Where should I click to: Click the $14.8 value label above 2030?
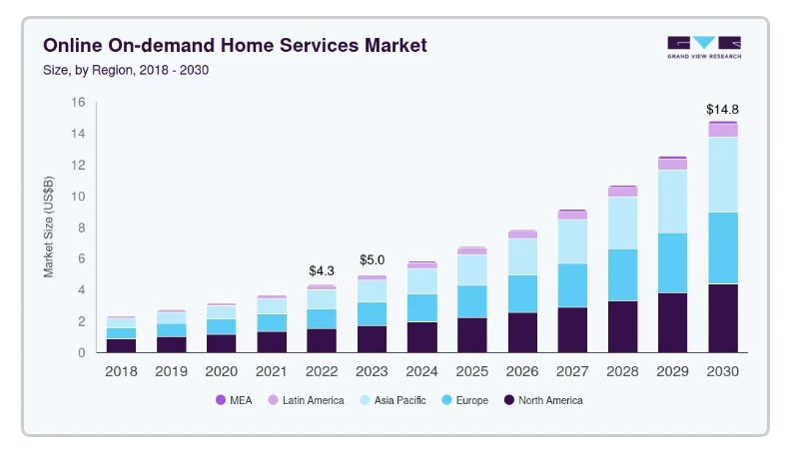pos(722,109)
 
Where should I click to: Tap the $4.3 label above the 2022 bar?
pos(322,270)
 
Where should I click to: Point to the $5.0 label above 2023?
pos(372,260)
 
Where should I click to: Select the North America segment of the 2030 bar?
pos(723,318)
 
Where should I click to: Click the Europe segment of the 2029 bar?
pos(672,263)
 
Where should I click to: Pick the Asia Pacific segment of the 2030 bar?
pos(723,175)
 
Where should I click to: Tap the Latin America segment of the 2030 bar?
pos(723,131)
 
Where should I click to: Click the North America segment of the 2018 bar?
pos(122,345)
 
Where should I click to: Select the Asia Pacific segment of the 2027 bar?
pos(572,241)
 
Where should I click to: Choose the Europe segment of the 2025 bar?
pos(472,301)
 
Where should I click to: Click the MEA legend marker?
pos(221,400)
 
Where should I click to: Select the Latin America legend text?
pos(313,400)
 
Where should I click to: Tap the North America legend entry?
pos(543,400)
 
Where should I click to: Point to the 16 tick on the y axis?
pos(78,103)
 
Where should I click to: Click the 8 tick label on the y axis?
pos(82,227)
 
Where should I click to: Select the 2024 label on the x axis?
pos(421,372)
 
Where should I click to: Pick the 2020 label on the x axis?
pos(222,372)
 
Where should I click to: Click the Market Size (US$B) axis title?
pos(48,226)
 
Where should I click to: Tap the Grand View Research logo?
pos(704,48)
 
